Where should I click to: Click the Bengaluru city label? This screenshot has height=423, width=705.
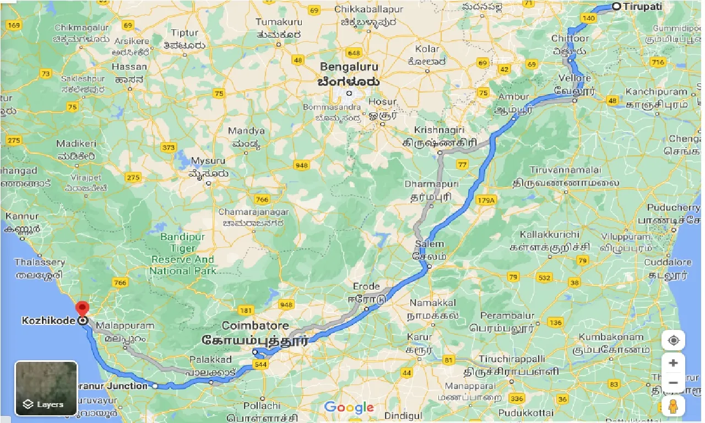350,67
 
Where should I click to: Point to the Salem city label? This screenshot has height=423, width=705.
429,244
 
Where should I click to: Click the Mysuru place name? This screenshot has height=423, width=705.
208,161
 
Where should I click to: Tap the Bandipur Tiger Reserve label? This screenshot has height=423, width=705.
182,253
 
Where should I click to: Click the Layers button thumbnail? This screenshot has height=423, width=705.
46,388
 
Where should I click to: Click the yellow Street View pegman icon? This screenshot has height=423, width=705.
673,406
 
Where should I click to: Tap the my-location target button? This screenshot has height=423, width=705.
673,340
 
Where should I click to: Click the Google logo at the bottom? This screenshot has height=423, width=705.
349,408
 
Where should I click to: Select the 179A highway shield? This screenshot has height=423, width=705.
487,200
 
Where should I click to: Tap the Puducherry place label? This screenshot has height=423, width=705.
673,208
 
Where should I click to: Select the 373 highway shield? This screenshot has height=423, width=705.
169,148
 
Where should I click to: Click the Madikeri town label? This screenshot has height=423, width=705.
76,144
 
